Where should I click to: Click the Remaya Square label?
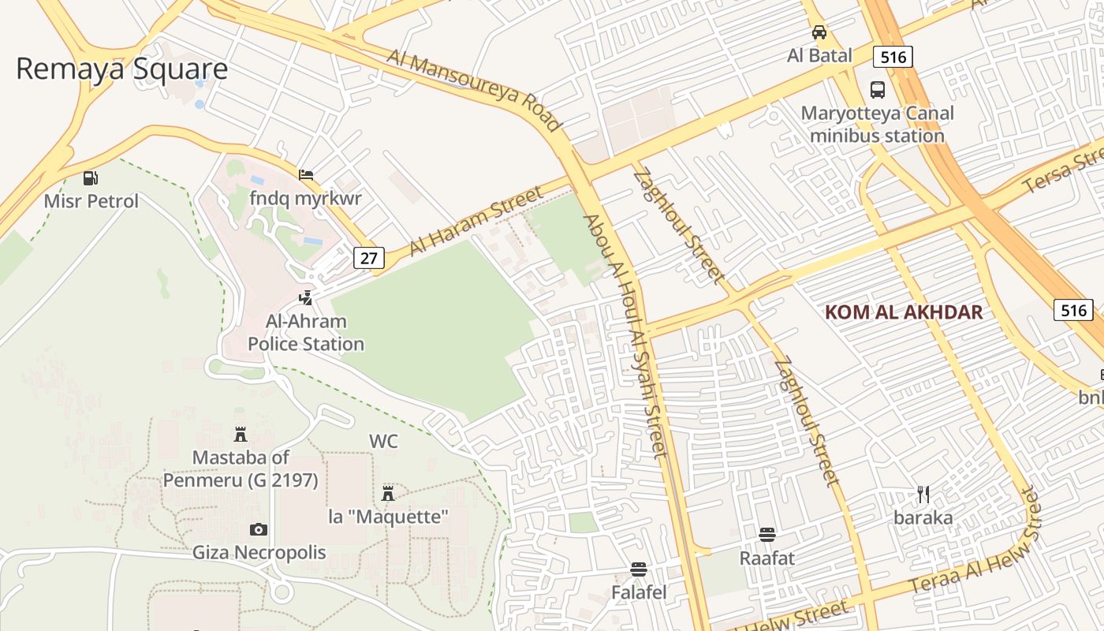click(121, 69)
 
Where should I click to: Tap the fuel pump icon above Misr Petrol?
click(91, 178)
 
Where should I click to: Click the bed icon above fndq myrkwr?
click(306, 175)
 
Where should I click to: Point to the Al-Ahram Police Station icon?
click(305, 298)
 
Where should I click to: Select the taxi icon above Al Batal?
click(819, 32)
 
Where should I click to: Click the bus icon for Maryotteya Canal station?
click(877, 89)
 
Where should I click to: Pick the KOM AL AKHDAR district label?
click(904, 312)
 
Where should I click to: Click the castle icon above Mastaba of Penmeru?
click(241, 434)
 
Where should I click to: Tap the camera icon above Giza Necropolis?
click(259, 529)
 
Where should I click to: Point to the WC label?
click(383, 441)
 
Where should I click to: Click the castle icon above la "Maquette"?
click(388, 494)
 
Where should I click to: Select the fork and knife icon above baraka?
click(923, 495)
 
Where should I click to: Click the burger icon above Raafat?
click(767, 535)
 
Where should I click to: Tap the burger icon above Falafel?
click(639, 569)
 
